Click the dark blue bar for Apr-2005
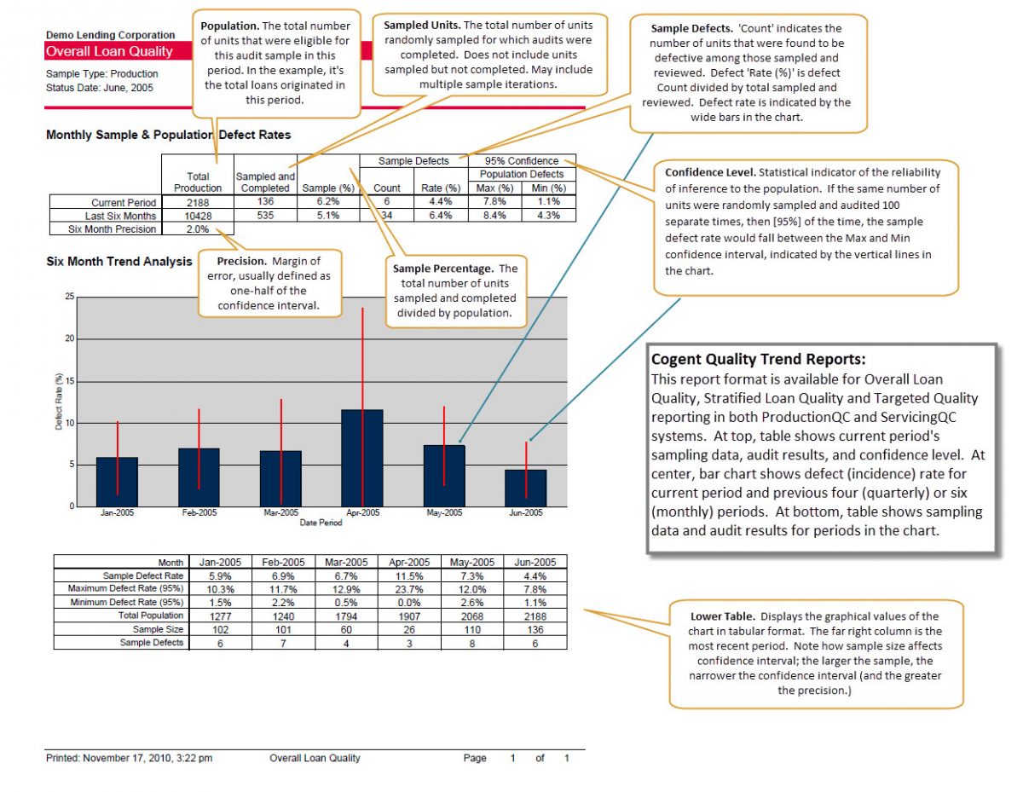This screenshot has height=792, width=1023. tap(362, 459)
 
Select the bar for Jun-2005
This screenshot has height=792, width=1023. tap(526, 488)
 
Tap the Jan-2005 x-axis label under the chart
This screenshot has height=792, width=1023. tap(117, 513)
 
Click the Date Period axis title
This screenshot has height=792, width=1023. tap(321, 523)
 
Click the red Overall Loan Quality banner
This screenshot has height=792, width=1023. tap(109, 51)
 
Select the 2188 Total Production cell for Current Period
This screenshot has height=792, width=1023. tap(198, 203)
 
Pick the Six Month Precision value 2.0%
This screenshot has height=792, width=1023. tap(198, 228)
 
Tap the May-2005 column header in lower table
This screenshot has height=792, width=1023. tap(471, 562)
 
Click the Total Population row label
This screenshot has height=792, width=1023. tap(151, 615)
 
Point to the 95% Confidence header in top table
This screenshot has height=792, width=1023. tap(521, 160)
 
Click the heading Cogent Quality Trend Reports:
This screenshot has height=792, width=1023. tap(759, 360)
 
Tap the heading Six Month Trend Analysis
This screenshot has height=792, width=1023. tap(118, 262)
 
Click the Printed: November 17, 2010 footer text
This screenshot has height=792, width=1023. tap(129, 758)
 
